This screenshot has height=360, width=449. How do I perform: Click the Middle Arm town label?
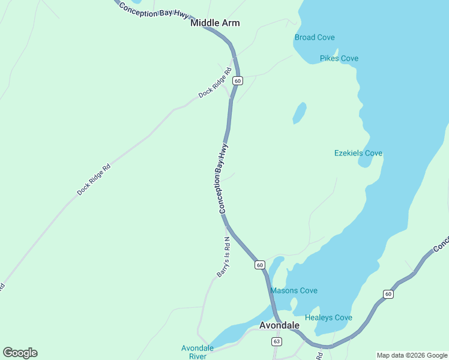tap(215, 23)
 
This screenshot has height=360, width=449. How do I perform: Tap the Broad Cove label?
tap(315, 37)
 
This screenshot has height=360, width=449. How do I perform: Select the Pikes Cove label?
tap(339, 58)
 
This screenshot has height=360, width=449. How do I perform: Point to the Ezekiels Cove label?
tap(358, 153)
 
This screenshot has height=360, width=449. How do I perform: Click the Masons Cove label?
tap(294, 290)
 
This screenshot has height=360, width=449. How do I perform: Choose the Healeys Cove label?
tap(328, 317)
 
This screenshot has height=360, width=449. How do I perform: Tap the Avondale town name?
tap(279, 325)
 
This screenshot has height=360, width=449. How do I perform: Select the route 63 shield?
tap(276, 341)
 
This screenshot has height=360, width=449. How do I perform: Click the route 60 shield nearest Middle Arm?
tap(238, 80)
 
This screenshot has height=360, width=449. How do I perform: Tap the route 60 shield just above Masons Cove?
tap(259, 265)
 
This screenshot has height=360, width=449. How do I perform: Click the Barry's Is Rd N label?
tap(223, 256)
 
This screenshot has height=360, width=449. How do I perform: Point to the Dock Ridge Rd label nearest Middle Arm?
tap(215, 85)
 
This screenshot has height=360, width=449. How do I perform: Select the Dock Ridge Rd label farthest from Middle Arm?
tap(94, 180)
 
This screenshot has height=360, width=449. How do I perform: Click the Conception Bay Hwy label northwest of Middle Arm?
tap(154, 10)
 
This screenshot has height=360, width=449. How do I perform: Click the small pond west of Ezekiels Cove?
tap(299, 113)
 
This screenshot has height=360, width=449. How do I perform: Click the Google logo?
tap(20, 353)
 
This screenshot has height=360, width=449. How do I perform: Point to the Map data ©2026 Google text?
tap(412, 355)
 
